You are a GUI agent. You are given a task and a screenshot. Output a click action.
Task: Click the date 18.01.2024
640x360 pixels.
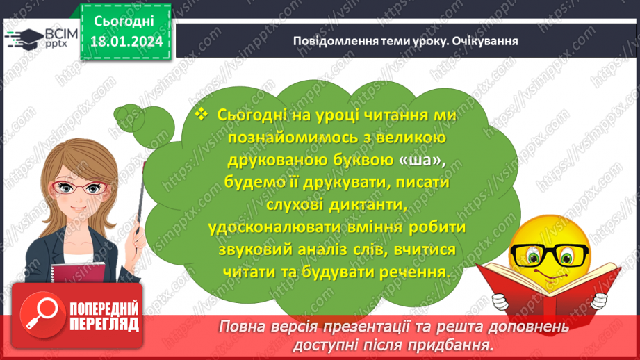pos(126,42)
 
